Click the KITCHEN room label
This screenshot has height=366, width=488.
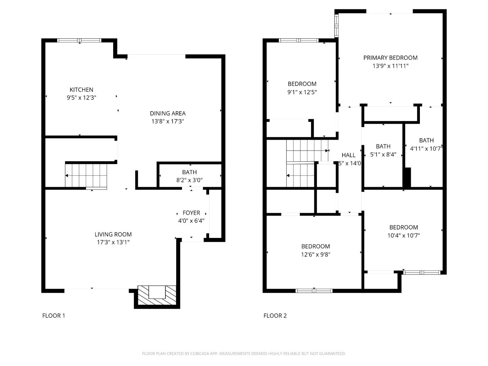pyautogui.click(x=81, y=90)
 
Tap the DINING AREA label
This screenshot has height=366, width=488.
pyautogui.click(x=168, y=113)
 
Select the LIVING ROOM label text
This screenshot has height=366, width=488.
pyautogui.click(x=113, y=234)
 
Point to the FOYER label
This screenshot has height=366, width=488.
pyautogui.click(x=191, y=213)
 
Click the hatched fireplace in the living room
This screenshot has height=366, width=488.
pyautogui.click(x=157, y=292)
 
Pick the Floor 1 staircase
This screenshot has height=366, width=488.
pyautogui.click(x=86, y=175)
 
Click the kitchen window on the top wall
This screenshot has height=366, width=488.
pyautogui.click(x=79, y=40)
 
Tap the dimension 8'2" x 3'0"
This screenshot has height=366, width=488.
pyautogui.click(x=189, y=180)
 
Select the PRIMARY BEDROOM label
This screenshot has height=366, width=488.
pyautogui.click(x=390, y=58)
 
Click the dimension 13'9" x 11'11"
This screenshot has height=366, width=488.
pyautogui.click(x=390, y=66)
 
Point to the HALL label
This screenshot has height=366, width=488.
pyautogui.click(x=348, y=155)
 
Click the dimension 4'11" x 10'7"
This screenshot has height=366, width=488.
pyautogui.click(x=426, y=148)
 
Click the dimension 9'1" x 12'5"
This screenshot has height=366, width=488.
pyautogui.click(x=302, y=92)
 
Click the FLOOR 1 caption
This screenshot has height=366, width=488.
pyautogui.click(x=54, y=316)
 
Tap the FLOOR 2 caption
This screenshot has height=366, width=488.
pyautogui.click(x=275, y=316)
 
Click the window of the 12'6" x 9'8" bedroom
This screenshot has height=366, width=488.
pyautogui.click(x=314, y=290)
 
